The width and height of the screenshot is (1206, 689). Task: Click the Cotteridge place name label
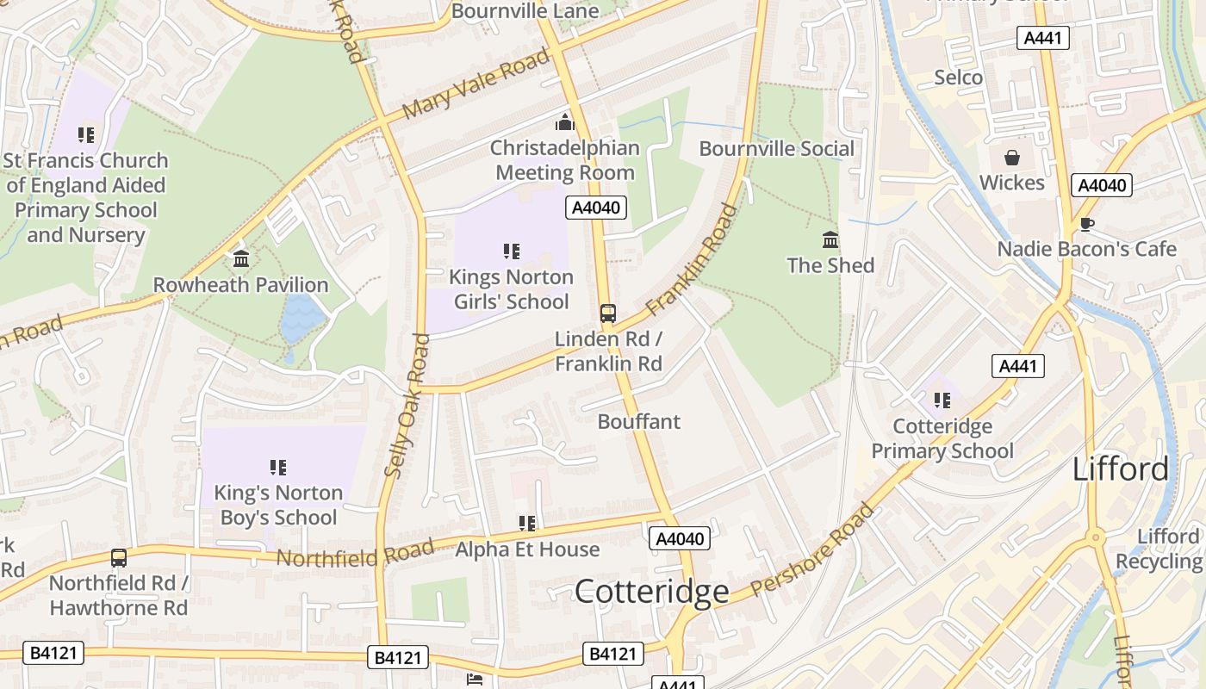point(651,592)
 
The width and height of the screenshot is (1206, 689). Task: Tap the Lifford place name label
point(1121,469)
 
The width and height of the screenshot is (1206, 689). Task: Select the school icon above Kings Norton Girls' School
point(512,251)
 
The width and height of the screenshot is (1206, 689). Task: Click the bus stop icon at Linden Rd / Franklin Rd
point(608,313)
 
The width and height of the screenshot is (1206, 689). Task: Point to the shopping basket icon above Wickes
point(1011,158)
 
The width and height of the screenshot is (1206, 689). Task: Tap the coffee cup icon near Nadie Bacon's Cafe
point(1087,225)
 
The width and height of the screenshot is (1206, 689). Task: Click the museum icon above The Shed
point(830,239)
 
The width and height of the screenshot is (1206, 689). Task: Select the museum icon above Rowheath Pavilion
point(241,258)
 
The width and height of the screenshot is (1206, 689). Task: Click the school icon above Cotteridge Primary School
point(942,400)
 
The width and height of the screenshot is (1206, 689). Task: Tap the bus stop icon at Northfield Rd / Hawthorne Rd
point(119,558)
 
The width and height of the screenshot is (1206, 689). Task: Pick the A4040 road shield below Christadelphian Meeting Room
point(596,208)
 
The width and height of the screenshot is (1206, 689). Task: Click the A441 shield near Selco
point(1043,38)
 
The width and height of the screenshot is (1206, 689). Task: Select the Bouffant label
point(638,421)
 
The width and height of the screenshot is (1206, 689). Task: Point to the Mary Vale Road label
point(476,84)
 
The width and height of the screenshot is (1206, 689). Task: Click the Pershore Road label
point(811,551)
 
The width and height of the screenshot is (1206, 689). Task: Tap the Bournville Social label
point(776,148)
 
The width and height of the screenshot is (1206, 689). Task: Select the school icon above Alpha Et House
point(527,523)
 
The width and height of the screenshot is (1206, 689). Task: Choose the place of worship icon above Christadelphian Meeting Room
point(565,122)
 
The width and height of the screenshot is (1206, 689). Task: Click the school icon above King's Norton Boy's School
point(277,468)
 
